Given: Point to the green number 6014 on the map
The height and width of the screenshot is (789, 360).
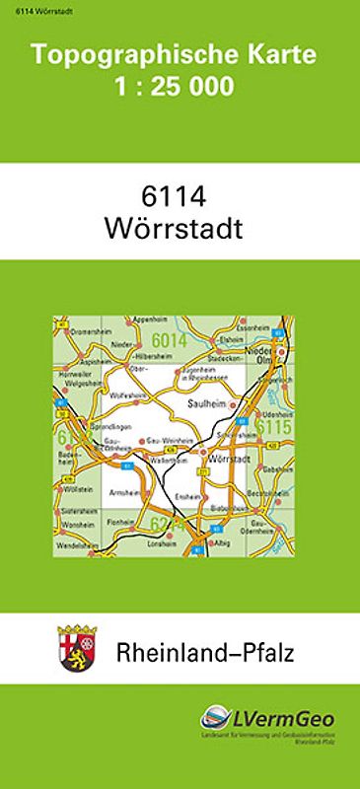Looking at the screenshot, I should (x=171, y=341).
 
